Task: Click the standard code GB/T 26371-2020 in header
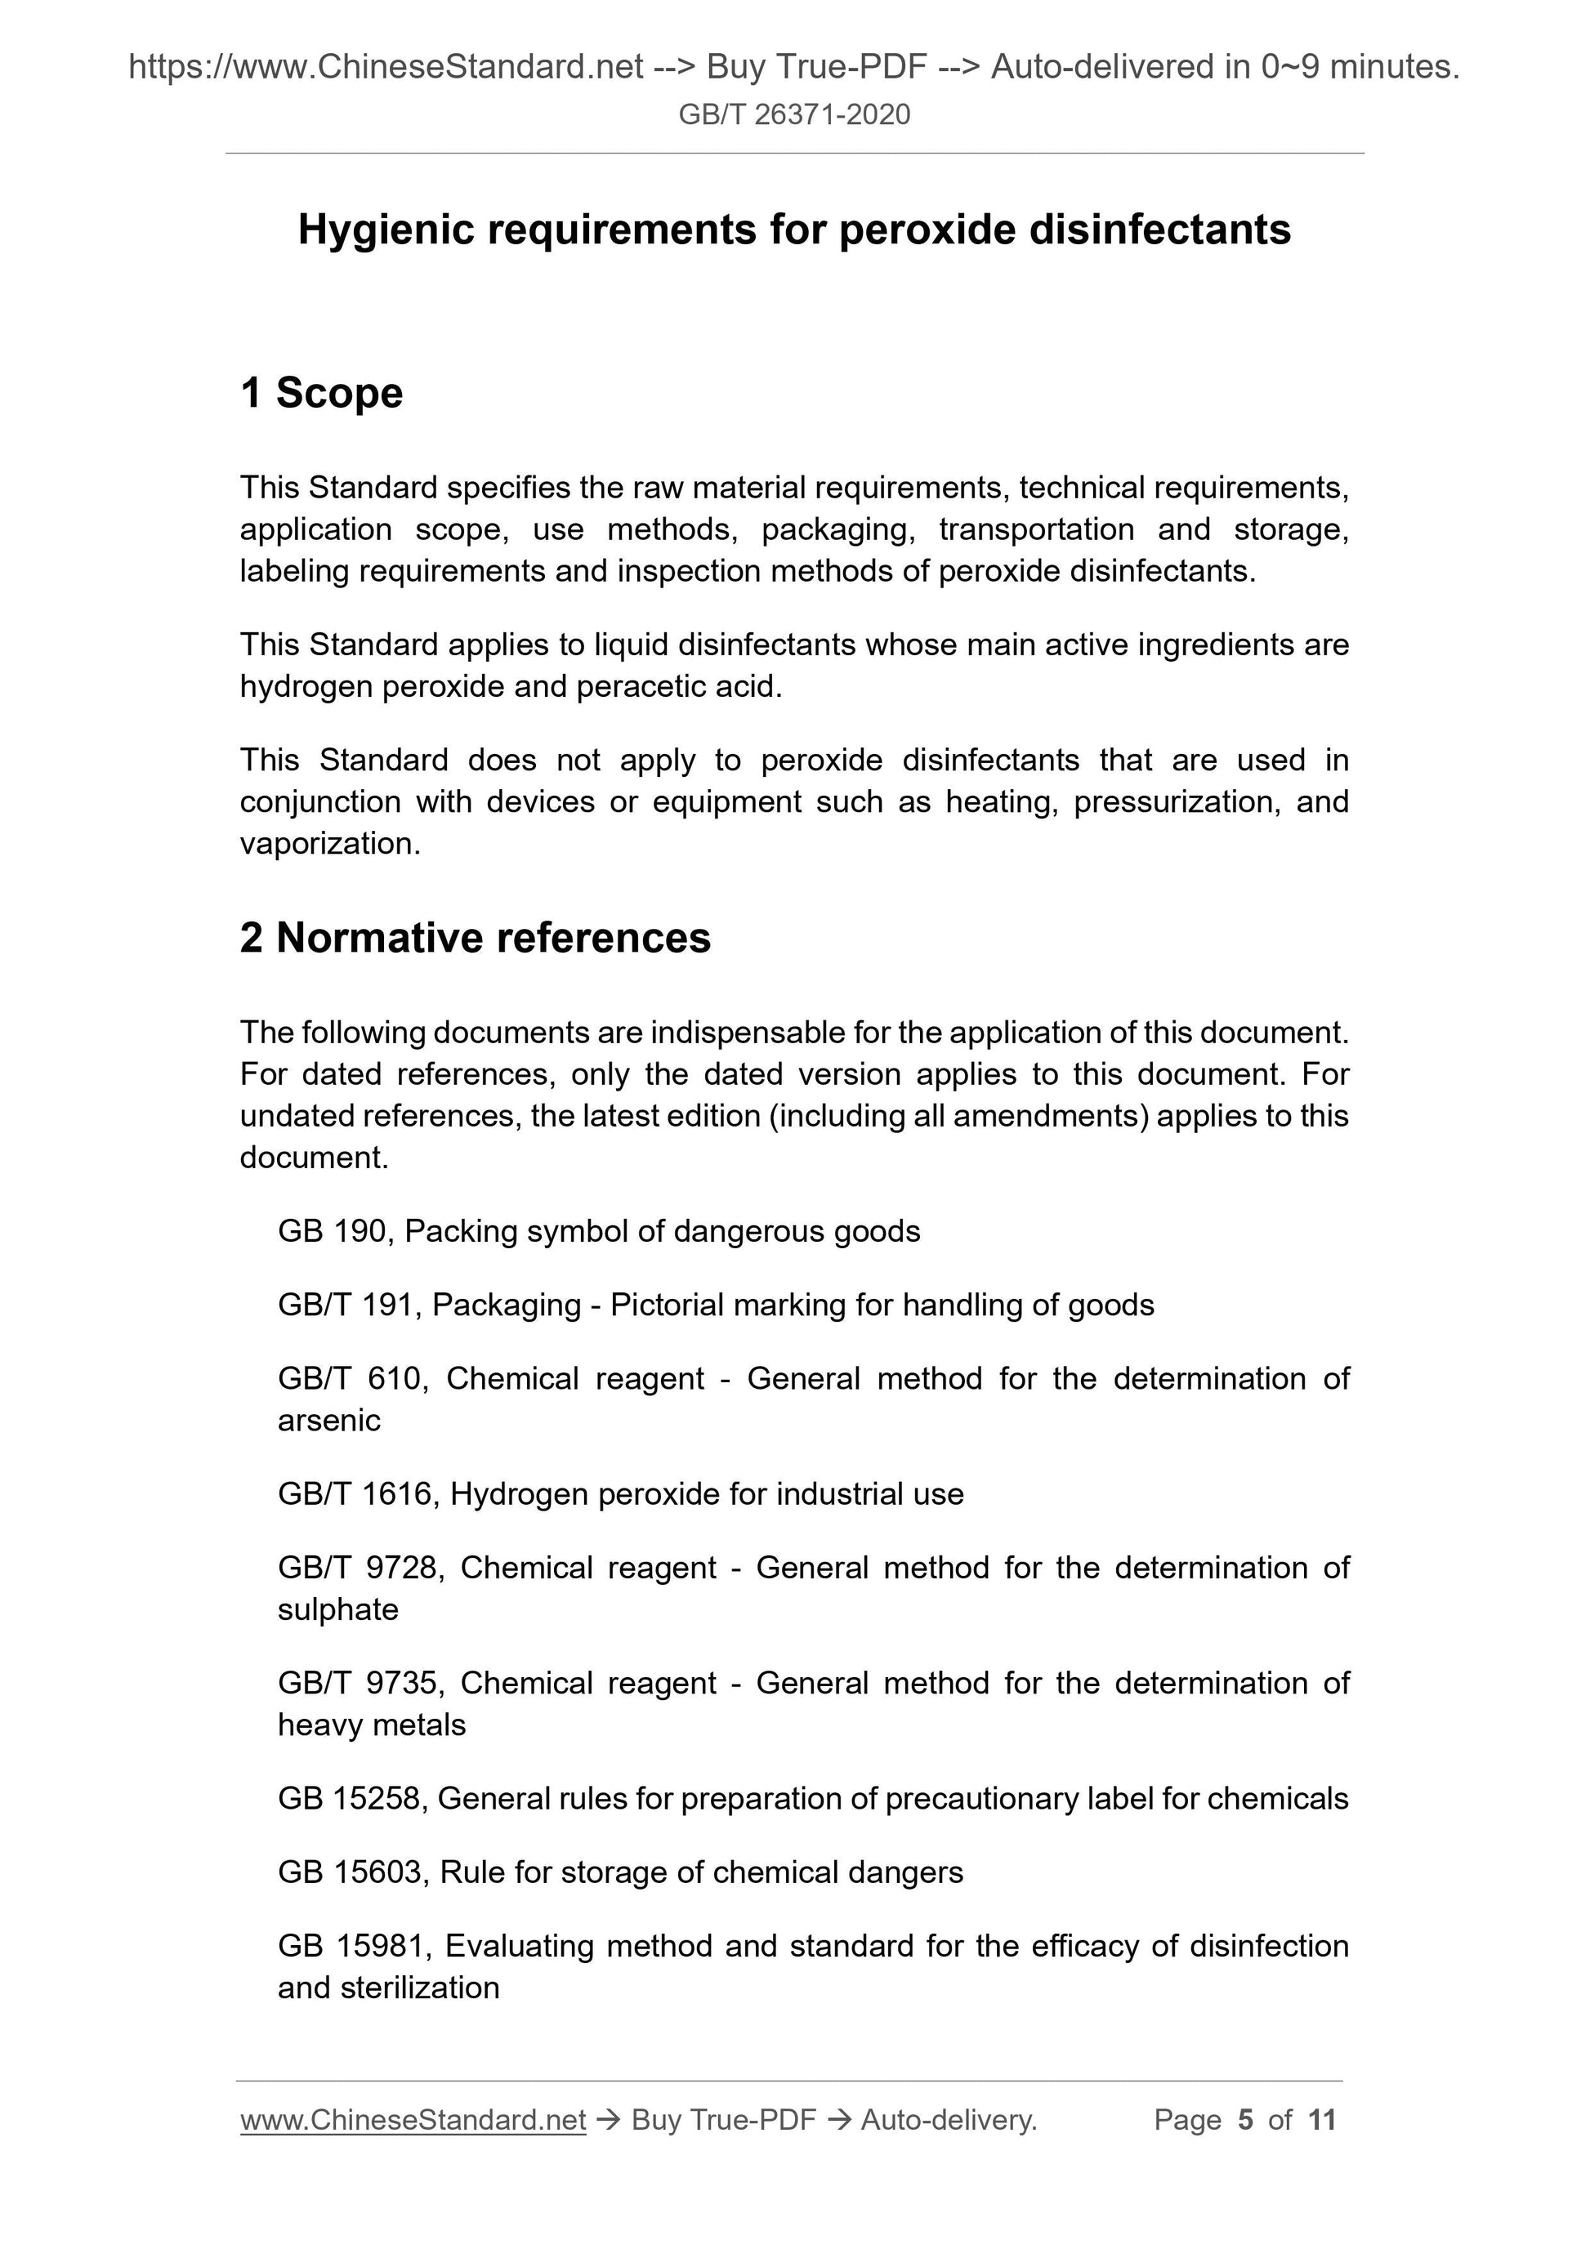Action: click(793, 114)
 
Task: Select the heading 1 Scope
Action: click(321, 393)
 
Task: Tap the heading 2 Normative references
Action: click(476, 937)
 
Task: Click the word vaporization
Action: click(329, 843)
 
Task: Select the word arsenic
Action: click(328, 1421)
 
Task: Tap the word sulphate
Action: click(338, 1609)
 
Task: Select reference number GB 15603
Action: click(353, 1872)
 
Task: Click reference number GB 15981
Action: click(354, 1945)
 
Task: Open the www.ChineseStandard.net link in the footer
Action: click(413, 2120)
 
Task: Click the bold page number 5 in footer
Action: click(1245, 2120)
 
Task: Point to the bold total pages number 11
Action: click(1321, 2120)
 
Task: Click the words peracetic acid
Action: click(678, 687)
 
